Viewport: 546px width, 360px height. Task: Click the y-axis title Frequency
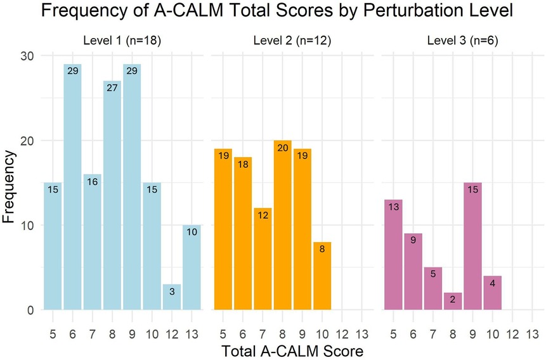[x=9, y=183]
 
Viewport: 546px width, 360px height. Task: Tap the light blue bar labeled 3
[x=171, y=297]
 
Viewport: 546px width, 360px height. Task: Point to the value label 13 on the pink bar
[x=394, y=207]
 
